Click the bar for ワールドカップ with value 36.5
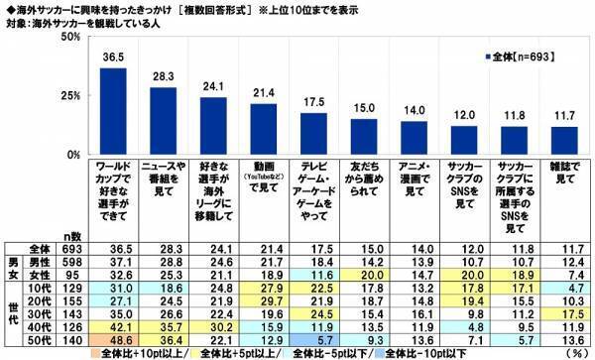[x=114, y=109]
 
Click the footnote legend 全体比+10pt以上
[x=124, y=351]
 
